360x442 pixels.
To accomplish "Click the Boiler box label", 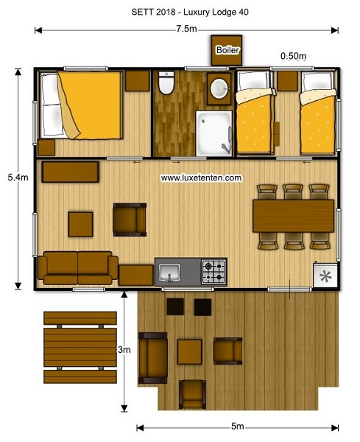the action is (x=227, y=50).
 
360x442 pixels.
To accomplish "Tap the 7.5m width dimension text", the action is (x=187, y=29).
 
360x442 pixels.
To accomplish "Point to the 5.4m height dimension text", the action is (x=18, y=178).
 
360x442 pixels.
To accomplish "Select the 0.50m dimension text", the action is (x=293, y=56).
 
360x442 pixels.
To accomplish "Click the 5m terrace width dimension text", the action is (x=238, y=427).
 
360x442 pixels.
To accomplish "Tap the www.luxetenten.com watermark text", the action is (x=201, y=178).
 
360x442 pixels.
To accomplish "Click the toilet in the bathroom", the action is (x=166, y=83).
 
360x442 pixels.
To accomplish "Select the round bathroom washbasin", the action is (x=219, y=88).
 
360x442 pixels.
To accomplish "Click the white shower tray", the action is (x=214, y=133).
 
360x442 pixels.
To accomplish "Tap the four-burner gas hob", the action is (x=213, y=272).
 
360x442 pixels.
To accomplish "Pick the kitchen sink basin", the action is (x=169, y=273).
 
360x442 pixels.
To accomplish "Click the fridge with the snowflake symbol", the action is (x=325, y=276).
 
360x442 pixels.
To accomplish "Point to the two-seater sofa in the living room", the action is (x=78, y=268).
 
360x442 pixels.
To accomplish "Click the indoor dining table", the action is (x=293, y=216).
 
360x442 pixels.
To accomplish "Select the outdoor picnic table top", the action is (x=80, y=347).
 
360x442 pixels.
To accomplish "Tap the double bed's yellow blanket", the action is (x=91, y=105).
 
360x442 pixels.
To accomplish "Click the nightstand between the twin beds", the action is (x=287, y=81).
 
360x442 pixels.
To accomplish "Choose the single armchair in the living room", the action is (x=130, y=220).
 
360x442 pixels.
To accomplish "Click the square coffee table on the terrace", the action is (x=190, y=352).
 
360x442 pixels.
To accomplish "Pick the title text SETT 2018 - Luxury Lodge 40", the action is (x=190, y=12).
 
